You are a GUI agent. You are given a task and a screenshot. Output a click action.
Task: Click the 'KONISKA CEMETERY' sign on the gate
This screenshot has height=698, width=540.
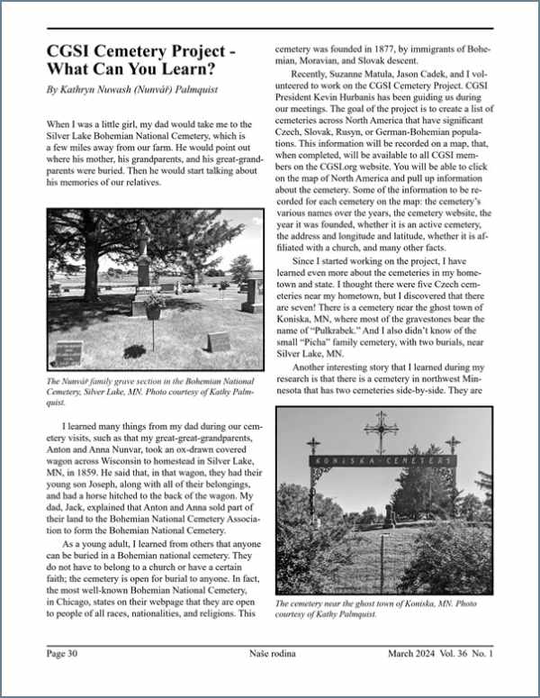point(382,461)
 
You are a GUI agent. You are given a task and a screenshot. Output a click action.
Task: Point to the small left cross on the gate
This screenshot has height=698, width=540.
point(313,446)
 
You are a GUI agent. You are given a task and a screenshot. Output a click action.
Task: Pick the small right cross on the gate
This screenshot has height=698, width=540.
point(452,445)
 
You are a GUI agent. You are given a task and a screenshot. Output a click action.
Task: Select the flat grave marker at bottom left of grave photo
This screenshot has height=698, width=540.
point(69,349)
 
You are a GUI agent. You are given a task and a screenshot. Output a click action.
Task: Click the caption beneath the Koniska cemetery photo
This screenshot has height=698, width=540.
point(381,610)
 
